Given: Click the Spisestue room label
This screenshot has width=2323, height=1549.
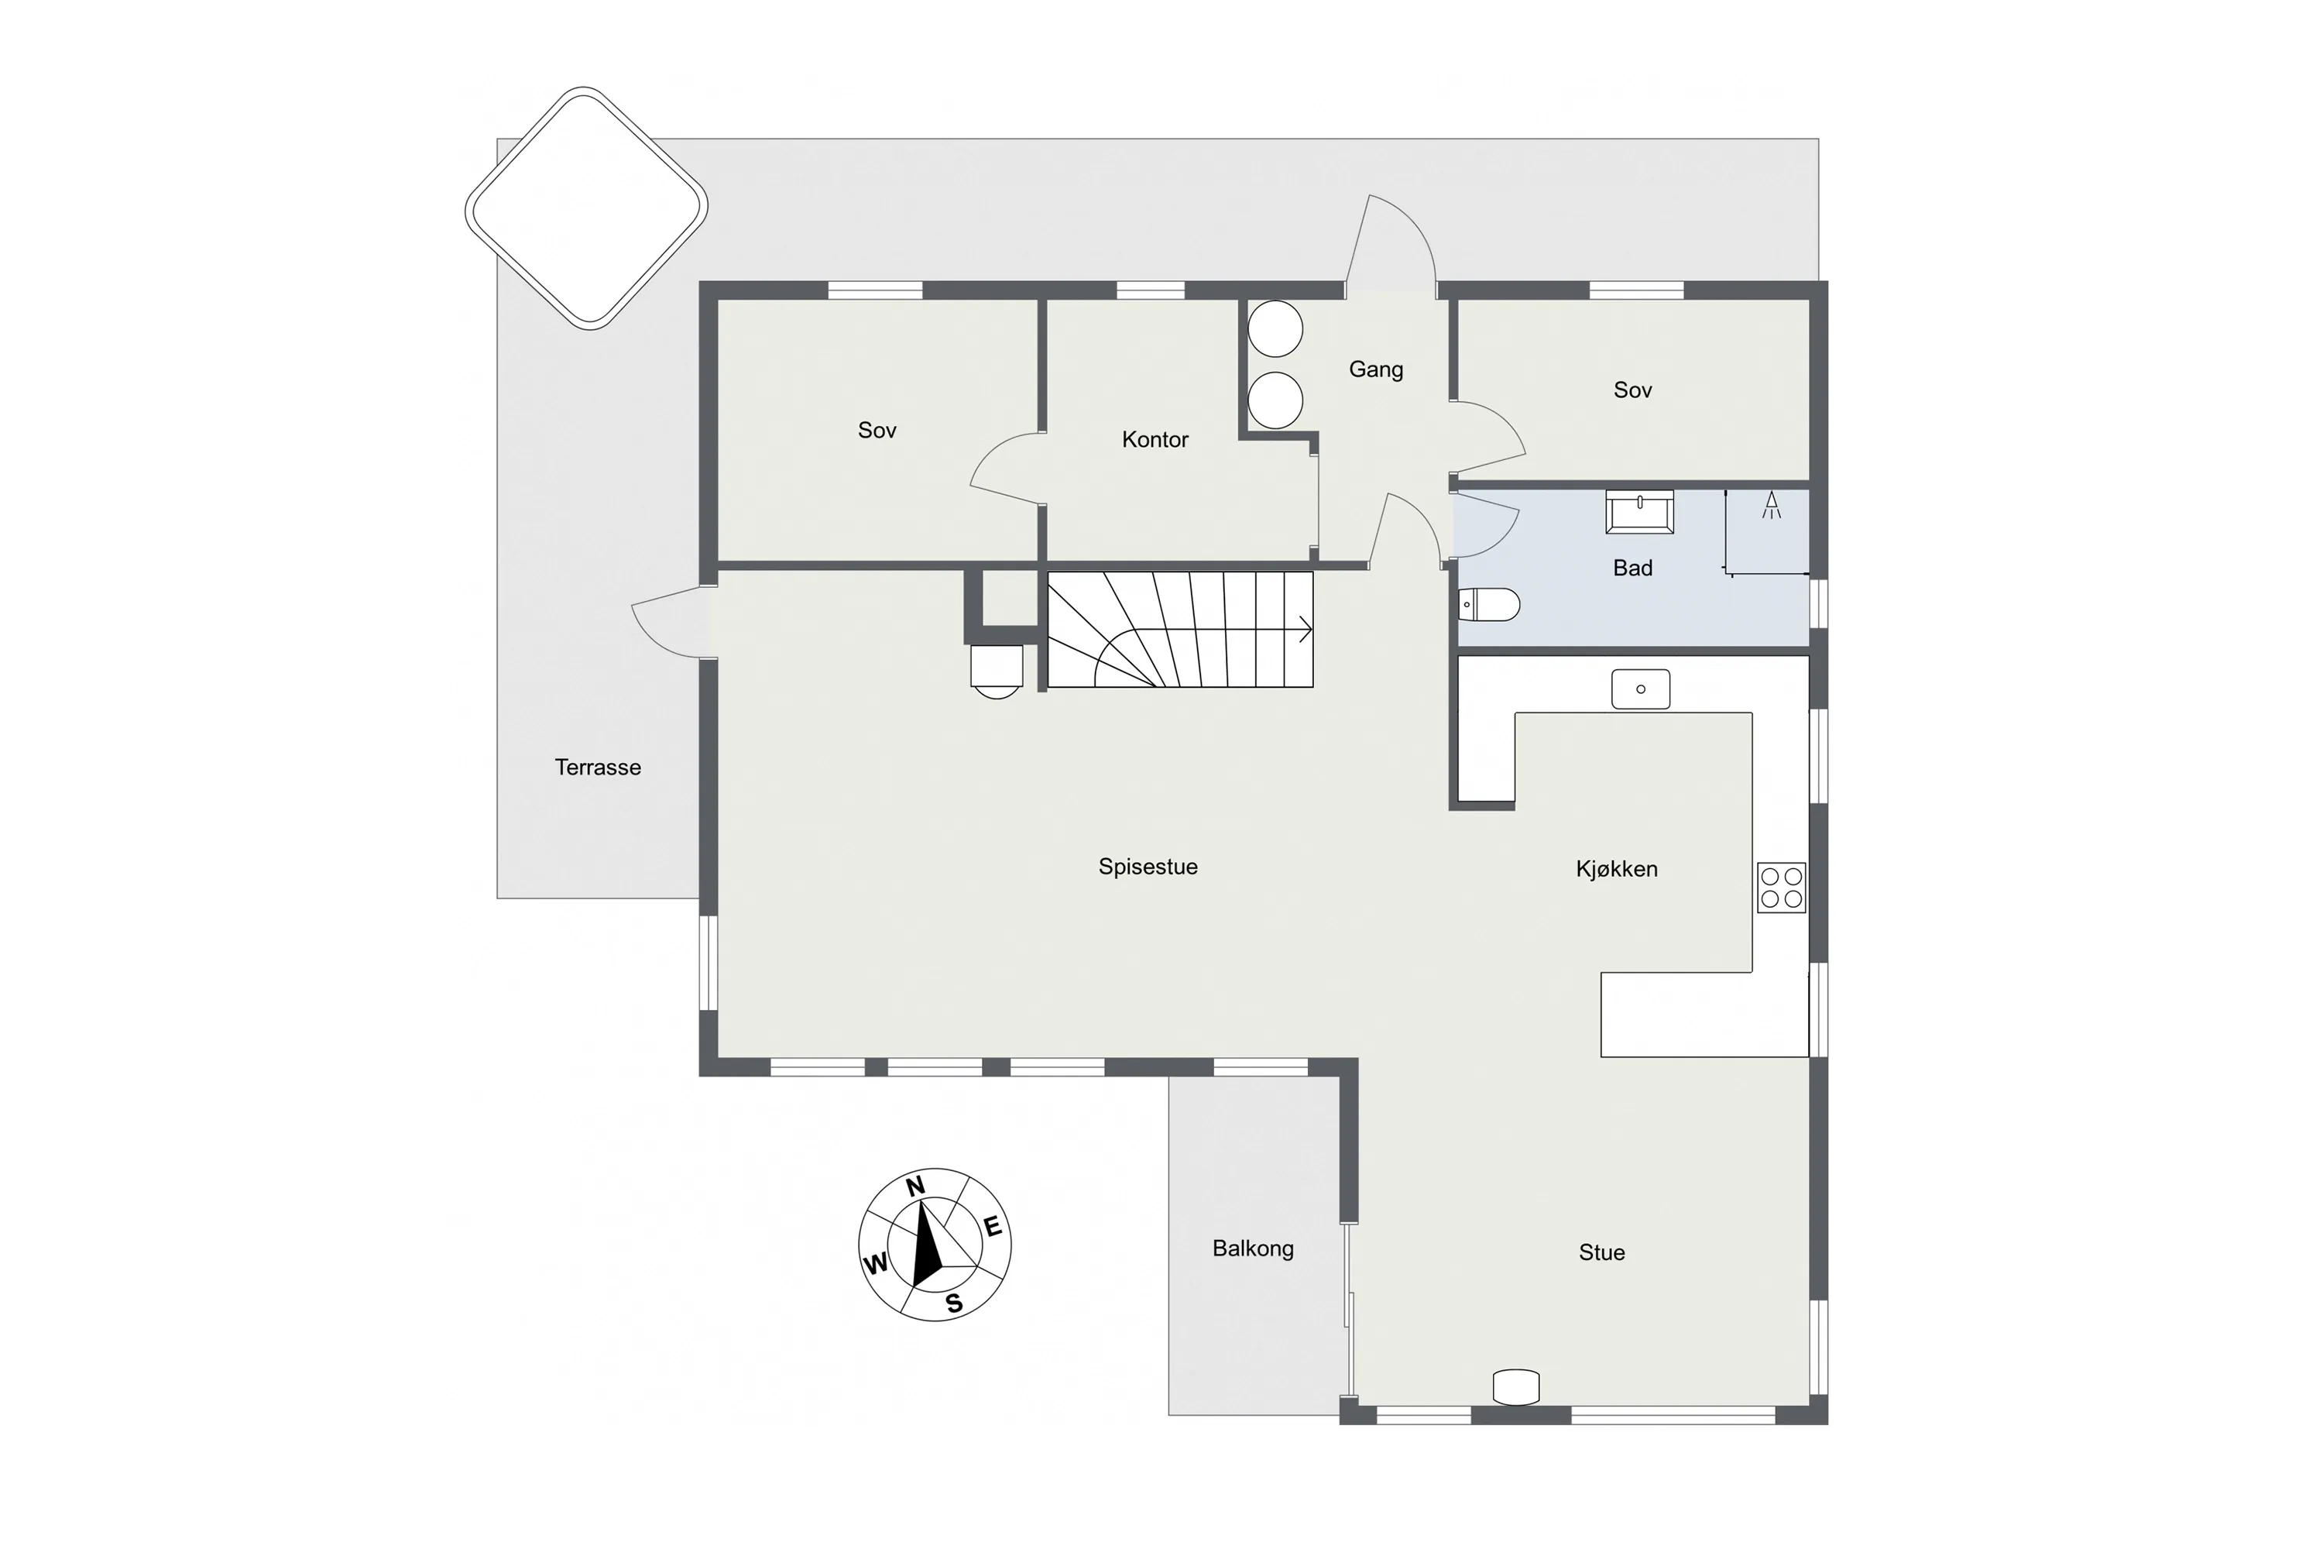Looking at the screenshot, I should tap(1148, 867).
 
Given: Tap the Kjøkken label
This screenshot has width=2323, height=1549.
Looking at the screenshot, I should tap(1616, 869).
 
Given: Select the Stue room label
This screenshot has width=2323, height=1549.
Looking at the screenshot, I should tap(1601, 1252).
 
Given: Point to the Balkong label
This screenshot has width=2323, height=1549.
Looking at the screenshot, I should tap(1252, 1248).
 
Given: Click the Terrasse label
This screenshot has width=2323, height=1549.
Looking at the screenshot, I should tap(598, 768).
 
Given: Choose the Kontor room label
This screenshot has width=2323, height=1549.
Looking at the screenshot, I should tap(1155, 440).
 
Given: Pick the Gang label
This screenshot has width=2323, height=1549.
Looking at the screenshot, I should tap(1376, 369).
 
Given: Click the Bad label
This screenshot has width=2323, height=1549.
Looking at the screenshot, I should tap(1632, 568).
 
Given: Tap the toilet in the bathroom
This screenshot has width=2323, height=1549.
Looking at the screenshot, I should tap(1488, 603).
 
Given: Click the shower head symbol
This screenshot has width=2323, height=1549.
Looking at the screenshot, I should tap(1772, 506).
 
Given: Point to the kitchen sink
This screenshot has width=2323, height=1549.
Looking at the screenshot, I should tap(1641, 689).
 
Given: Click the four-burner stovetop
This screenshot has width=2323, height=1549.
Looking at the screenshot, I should tap(1781, 887).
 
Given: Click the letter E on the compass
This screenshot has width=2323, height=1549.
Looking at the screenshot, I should tap(993, 1228).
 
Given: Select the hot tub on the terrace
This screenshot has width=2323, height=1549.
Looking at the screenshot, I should tap(587, 208).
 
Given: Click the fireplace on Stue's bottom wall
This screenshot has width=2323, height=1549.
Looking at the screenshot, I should tap(1515, 1386).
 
